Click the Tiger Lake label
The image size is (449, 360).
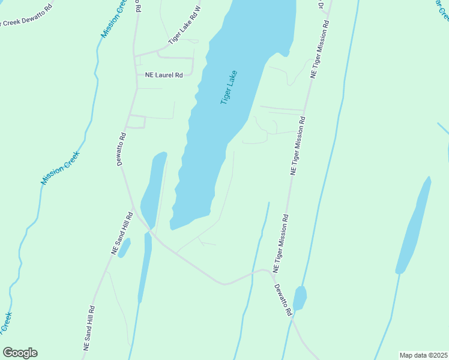229,88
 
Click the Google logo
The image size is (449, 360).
20,353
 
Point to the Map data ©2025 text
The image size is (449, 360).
423,355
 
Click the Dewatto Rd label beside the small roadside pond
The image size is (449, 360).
283,299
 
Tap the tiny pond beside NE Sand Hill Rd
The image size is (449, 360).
124,248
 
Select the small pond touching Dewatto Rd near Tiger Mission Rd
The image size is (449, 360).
300,297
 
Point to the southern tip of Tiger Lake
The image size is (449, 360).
173,227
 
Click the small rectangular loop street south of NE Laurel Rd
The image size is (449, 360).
136,121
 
